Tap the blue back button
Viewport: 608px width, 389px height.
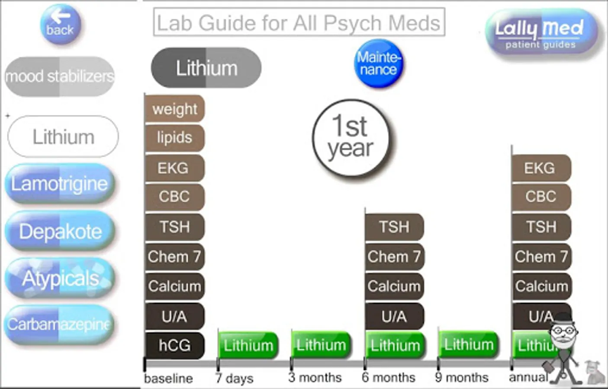tap(60, 25)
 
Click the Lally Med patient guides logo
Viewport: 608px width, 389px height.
tap(541, 33)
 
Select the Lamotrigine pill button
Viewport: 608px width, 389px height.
tap(60, 184)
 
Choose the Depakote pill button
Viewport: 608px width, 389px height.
tap(60, 231)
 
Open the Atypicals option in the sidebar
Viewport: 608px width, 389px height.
tap(60, 278)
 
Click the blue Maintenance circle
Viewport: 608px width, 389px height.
tap(379, 64)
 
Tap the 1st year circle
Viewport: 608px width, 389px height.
tap(351, 137)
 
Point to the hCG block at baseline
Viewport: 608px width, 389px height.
tap(174, 345)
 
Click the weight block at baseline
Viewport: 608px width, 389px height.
tap(174, 108)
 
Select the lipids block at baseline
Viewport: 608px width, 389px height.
tap(174, 138)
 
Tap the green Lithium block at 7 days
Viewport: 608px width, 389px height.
tap(248, 345)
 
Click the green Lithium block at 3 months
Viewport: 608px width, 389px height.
tap(321, 345)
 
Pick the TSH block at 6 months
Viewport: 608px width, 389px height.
tap(394, 226)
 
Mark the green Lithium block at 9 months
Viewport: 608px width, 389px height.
tap(468, 344)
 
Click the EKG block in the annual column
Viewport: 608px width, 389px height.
tap(540, 168)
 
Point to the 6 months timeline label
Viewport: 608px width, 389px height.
tap(388, 378)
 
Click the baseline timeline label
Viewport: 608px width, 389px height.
tap(168, 379)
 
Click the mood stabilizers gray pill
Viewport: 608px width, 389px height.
tap(60, 77)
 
